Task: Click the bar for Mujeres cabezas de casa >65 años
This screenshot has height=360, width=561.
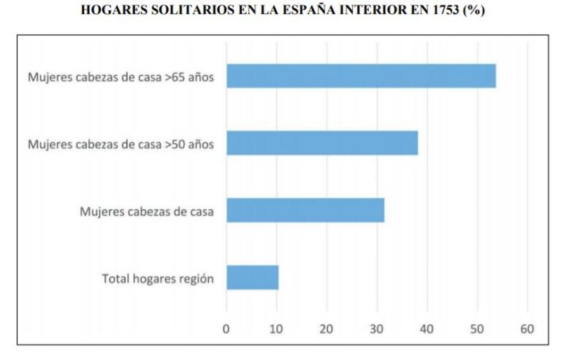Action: [x=361, y=76]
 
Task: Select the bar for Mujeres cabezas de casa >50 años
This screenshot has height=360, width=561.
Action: [x=322, y=143]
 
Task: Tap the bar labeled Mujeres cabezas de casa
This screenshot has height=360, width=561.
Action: [x=305, y=210]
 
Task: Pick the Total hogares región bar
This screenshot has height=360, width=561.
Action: [x=253, y=277]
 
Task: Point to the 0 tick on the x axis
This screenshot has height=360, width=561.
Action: [x=226, y=328]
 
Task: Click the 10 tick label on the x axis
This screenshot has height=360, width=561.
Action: [x=276, y=328]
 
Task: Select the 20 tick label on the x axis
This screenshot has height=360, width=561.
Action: [x=327, y=328]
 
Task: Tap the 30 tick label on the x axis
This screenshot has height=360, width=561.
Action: [x=377, y=328]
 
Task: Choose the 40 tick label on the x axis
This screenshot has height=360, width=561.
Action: [x=427, y=328]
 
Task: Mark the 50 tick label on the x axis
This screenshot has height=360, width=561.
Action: [x=477, y=328]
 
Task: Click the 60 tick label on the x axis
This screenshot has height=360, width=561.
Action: [x=527, y=328]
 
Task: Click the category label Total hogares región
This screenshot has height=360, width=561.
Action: [x=158, y=278]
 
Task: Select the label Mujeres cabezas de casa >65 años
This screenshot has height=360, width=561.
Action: [x=121, y=77]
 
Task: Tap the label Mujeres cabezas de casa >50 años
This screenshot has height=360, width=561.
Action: [x=121, y=144]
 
